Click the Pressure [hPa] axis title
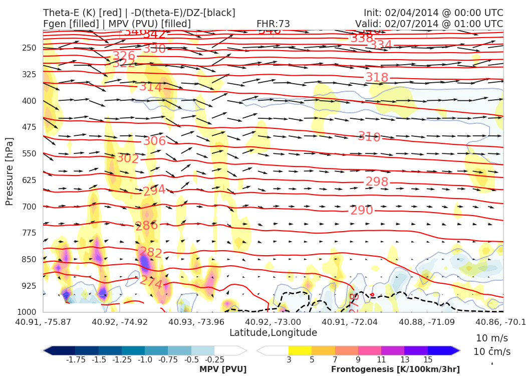pyautogui.click(x=10, y=171)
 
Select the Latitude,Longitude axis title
pyautogui.click(x=273, y=332)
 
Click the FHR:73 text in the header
pyautogui.click(x=273, y=24)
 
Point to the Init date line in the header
pyautogui.click(x=433, y=13)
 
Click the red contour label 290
pyautogui.click(x=362, y=210)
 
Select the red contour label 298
pyautogui.click(x=377, y=181)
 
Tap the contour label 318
pyautogui.click(x=377, y=77)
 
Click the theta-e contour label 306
pyautogui.click(x=154, y=141)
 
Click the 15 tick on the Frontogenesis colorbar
pyautogui.click(x=428, y=359)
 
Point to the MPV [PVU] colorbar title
pyautogui.click(x=223, y=369)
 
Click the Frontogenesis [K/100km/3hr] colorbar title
pyautogui.click(x=395, y=369)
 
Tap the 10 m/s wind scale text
pyautogui.click(x=488, y=338)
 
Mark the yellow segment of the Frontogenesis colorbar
pyautogui.click(x=300, y=350)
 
